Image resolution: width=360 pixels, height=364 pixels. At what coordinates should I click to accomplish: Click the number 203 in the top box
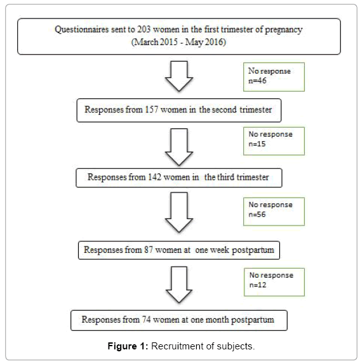[144, 29]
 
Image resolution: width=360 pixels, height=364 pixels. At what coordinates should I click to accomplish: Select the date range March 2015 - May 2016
[179, 42]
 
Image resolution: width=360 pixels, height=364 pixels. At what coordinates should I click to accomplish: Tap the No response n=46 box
[274, 77]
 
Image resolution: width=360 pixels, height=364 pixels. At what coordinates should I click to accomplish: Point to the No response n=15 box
[274, 141]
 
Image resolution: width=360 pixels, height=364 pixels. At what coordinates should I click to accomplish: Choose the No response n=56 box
[274, 212]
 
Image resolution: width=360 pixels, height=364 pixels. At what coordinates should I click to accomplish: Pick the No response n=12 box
[274, 282]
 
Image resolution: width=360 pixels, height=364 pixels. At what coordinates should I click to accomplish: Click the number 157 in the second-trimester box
[152, 109]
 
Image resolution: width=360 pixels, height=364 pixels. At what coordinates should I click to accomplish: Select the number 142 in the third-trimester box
[154, 177]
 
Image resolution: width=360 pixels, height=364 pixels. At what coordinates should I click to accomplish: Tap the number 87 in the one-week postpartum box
[149, 250]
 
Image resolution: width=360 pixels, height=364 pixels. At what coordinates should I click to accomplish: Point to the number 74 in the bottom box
[147, 320]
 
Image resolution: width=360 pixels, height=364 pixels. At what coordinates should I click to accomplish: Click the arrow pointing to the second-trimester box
[179, 76]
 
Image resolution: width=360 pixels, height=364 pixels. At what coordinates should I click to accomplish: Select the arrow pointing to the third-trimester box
[179, 147]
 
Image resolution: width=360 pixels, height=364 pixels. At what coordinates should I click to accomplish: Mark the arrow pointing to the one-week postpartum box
[179, 212]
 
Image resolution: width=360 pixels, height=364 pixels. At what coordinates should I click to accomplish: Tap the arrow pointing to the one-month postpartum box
[179, 285]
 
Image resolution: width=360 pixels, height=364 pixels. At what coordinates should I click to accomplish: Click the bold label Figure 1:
[128, 346]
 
